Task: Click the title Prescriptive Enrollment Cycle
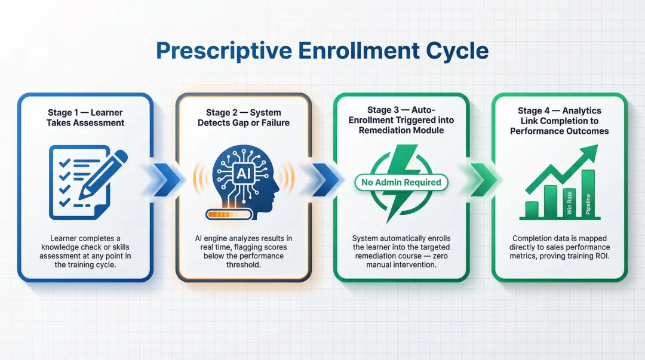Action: coord(322,51)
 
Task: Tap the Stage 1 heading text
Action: coord(85,118)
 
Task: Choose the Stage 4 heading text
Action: coord(559,121)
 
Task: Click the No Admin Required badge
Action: coord(401,182)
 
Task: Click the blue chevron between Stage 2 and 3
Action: coord(324,180)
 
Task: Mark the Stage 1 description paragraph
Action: coord(85,251)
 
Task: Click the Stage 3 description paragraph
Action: coord(401,251)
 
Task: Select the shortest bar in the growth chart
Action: coord(532,210)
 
